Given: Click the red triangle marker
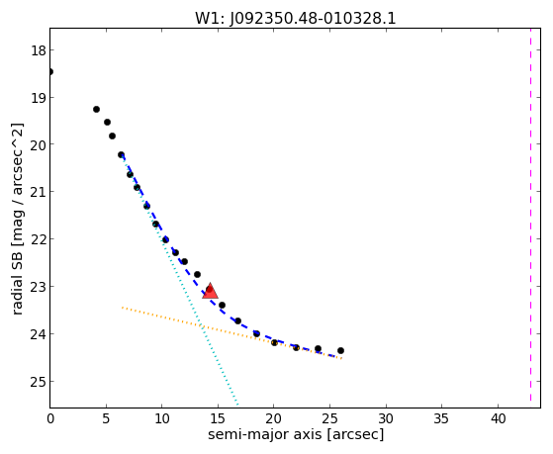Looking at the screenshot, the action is (210, 292).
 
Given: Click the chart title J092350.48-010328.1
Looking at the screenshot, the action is (313, 19).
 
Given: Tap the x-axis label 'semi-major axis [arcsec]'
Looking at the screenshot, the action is (296, 434).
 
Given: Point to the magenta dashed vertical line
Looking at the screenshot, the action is (530, 215).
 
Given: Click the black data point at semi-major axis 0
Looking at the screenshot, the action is (50, 72).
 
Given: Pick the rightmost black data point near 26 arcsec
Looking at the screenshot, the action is (340, 351).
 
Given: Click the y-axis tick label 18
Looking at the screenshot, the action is (39, 50).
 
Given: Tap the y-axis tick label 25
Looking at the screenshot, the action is (39, 382).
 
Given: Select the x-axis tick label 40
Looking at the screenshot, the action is (498, 418).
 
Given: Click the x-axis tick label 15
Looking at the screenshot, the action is (218, 418).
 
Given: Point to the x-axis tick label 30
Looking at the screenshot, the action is (386, 418).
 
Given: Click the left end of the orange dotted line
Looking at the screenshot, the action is (122, 308).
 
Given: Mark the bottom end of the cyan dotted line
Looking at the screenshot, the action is (237, 404).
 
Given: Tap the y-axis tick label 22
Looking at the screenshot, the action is (39, 239).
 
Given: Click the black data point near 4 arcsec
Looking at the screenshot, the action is (96, 110).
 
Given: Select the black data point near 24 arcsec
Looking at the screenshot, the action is (318, 348).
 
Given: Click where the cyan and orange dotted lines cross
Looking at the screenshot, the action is (202, 326).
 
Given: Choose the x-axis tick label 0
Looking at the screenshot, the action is (50, 418).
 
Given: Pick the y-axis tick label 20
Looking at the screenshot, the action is (39, 144).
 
